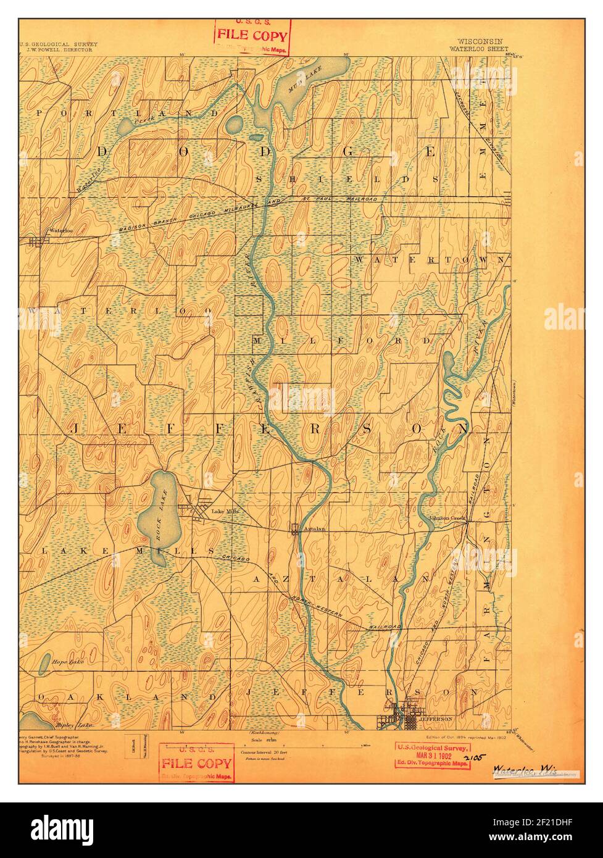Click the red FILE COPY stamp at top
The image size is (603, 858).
[x=252, y=34]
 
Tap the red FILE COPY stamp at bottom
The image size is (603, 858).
[x=197, y=764]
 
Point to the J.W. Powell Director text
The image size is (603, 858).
[x=56, y=50]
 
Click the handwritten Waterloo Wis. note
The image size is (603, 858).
[x=524, y=770]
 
